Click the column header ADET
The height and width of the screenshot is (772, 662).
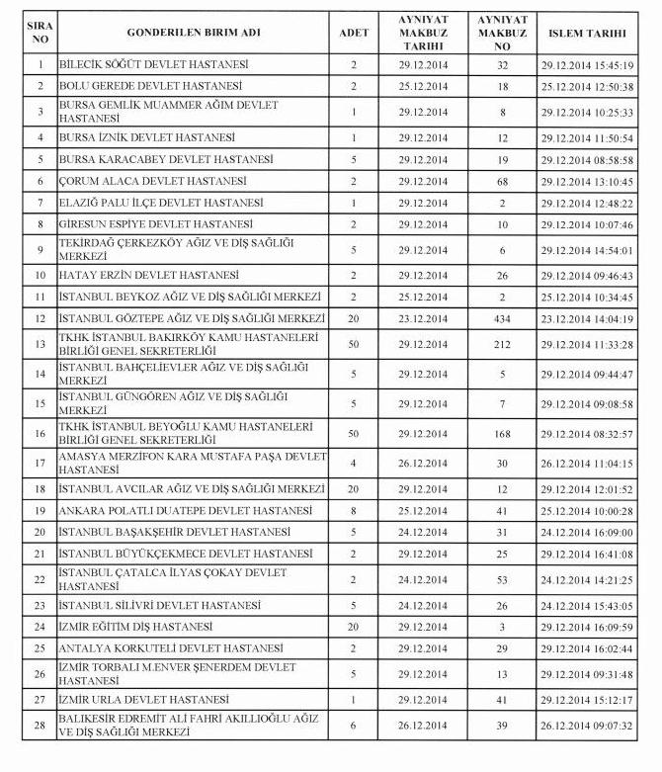(353, 33)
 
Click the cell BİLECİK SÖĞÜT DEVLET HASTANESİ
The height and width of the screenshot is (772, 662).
(153, 64)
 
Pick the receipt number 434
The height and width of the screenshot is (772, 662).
(502, 318)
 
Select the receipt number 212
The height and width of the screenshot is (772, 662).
(502, 343)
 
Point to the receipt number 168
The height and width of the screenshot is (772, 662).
(502, 434)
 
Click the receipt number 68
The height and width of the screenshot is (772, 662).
(502, 182)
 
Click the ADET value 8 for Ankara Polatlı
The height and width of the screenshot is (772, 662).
(353, 511)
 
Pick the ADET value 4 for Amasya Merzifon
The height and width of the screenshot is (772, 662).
(353, 462)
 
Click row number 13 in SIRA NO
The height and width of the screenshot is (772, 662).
(41, 343)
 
